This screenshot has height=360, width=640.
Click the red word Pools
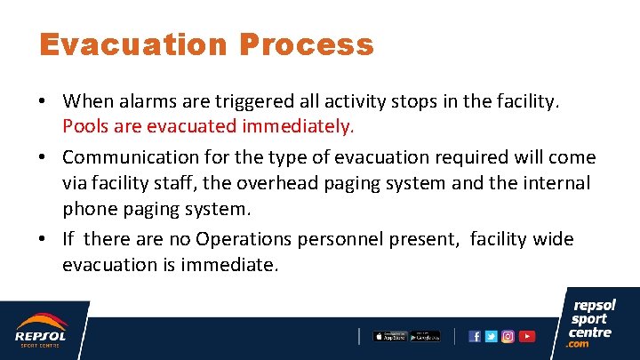85,126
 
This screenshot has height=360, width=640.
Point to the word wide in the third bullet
551,239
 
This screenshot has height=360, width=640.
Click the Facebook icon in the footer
475,336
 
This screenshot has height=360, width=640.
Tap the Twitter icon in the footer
491,336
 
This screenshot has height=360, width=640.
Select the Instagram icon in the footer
508,336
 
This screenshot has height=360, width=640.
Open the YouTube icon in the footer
527,336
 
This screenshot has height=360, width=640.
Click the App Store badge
388,336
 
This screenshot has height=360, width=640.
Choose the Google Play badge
424,336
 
